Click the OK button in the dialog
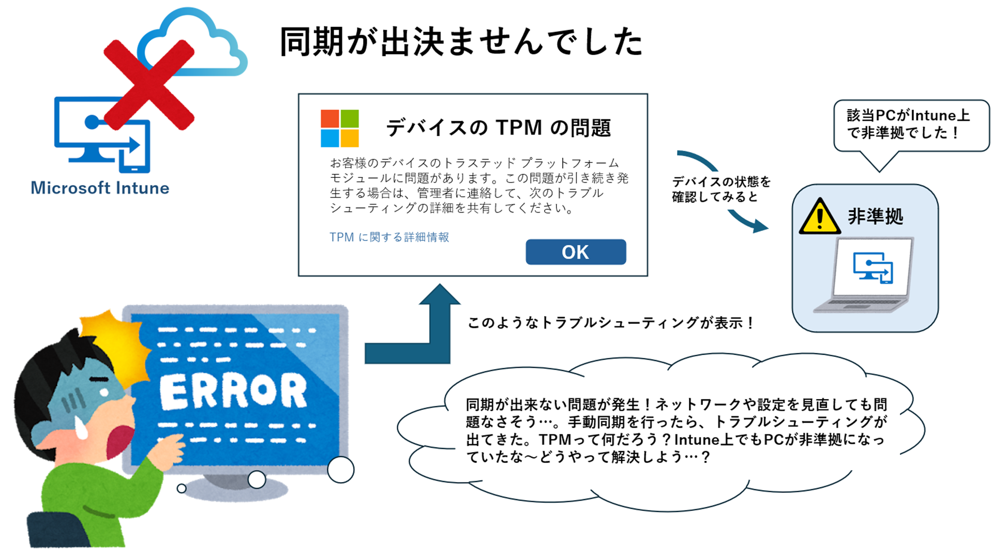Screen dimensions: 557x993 [576, 252]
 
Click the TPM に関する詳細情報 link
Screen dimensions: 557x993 [389, 237]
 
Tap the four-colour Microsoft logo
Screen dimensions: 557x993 [339, 128]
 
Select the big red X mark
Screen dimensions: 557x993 [149, 84]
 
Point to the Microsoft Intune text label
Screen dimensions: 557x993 [100, 188]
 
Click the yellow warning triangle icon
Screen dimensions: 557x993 [819, 217]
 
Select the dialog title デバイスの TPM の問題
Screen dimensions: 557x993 [498, 127]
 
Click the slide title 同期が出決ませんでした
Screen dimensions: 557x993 [461, 41]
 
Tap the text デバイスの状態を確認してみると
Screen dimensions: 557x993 [721, 189]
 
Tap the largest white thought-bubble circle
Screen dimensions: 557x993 [341, 470]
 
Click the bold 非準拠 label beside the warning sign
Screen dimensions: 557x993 [875, 216]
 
